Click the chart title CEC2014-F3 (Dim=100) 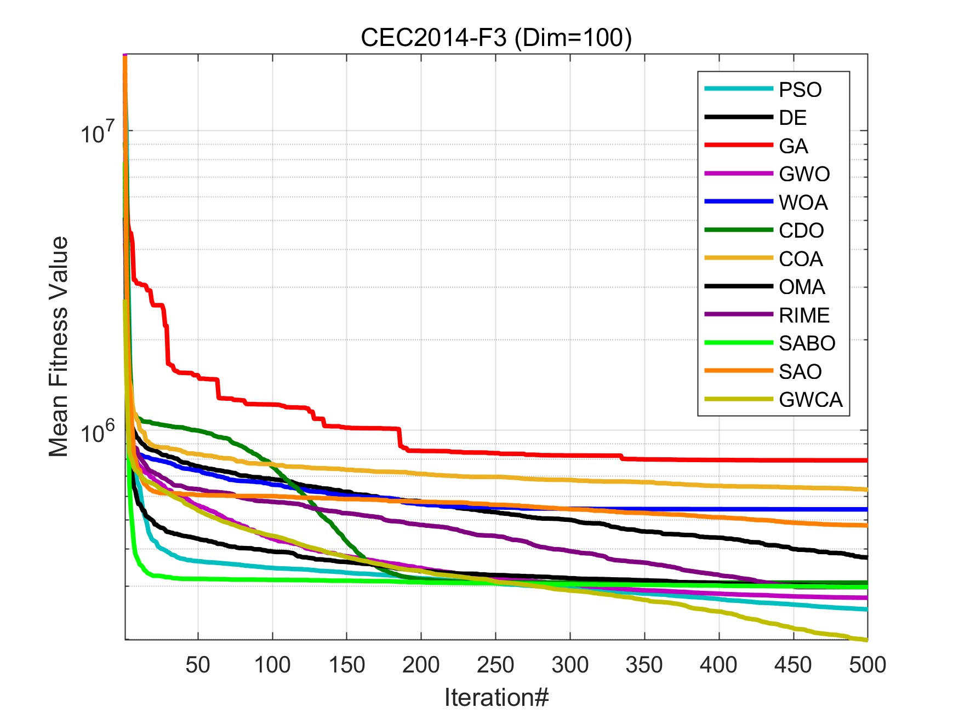click(496, 38)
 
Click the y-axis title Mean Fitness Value click(59, 347)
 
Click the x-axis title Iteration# click(496, 698)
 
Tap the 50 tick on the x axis click(198, 665)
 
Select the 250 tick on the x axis click(495, 665)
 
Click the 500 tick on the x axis click(867, 665)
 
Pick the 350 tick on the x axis click(644, 665)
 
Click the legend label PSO click(800, 90)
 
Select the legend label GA click(793, 146)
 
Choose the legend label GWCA click(810, 400)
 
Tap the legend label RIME click(804, 315)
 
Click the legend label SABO click(807, 343)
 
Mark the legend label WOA click(803, 203)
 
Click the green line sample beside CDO click(738, 230)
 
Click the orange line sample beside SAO click(738, 371)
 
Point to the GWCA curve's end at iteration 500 click(866, 639)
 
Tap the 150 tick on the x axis click(346, 665)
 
